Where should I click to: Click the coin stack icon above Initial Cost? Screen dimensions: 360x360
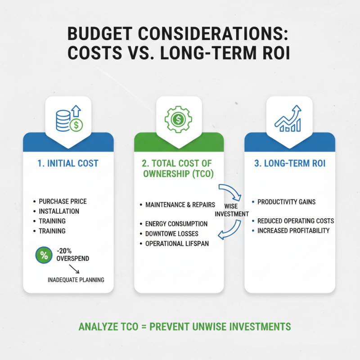pos(68,119)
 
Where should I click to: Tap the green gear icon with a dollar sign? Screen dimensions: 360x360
pos(178,119)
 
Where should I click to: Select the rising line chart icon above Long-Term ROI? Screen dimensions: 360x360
pos(288,119)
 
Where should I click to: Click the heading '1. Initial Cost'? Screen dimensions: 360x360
pos(68,163)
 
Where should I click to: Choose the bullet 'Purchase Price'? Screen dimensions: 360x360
pos(63,201)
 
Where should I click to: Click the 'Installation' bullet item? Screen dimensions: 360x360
pos(59,211)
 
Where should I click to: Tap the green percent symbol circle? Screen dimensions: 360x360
pos(44,255)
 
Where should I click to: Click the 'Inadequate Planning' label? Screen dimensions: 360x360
pos(76,280)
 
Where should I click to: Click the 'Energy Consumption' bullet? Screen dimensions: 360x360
pos(176,224)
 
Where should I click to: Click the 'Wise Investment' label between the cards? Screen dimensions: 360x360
pos(232,210)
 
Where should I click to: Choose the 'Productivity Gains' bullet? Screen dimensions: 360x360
pos(286,202)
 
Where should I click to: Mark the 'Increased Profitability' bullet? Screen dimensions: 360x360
pos(293,230)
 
